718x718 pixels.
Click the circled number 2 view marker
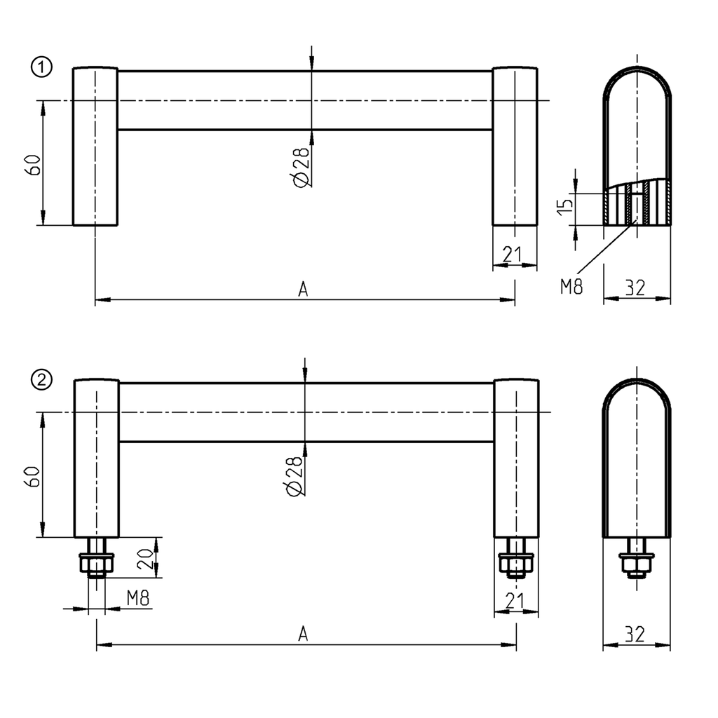point(42,380)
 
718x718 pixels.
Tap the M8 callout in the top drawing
point(571,286)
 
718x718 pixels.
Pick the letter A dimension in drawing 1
point(303,289)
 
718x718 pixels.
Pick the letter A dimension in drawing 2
point(303,634)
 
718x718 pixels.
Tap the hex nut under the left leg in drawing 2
point(97,563)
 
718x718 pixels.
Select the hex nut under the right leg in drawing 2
point(516,563)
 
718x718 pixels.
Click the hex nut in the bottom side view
point(637,564)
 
